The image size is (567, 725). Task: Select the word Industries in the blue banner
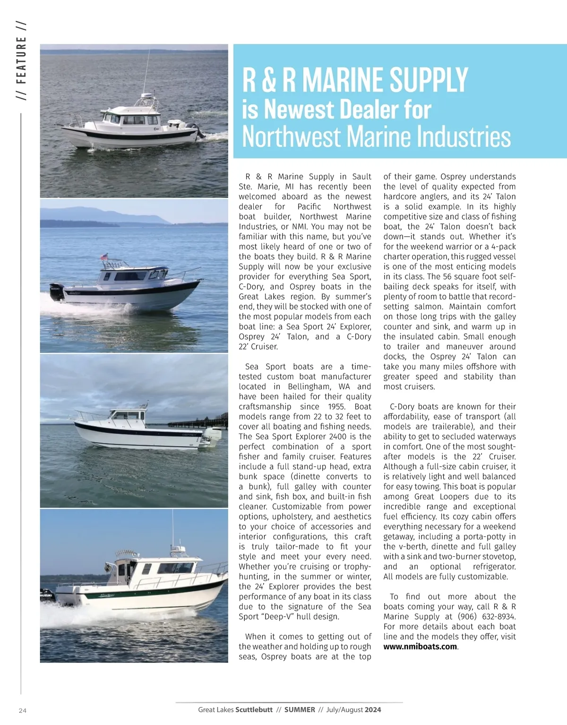(x=457, y=137)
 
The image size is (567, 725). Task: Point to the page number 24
(x=23, y=710)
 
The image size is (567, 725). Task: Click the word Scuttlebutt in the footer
(x=254, y=709)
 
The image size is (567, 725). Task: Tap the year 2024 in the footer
(x=373, y=709)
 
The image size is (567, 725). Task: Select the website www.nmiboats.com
(x=420, y=647)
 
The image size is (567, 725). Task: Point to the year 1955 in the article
(x=336, y=407)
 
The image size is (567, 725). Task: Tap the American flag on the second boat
(x=104, y=257)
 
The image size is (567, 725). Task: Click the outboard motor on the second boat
(x=57, y=292)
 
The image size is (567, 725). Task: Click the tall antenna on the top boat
(x=146, y=71)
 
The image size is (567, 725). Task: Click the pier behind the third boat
(x=198, y=422)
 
